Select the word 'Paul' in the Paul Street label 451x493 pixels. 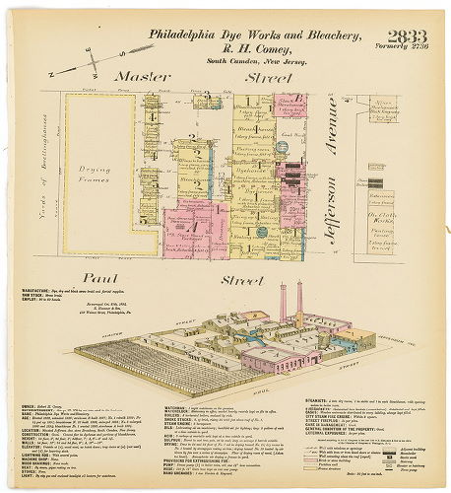click(x=101, y=279)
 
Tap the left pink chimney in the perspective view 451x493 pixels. click(x=284, y=300)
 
